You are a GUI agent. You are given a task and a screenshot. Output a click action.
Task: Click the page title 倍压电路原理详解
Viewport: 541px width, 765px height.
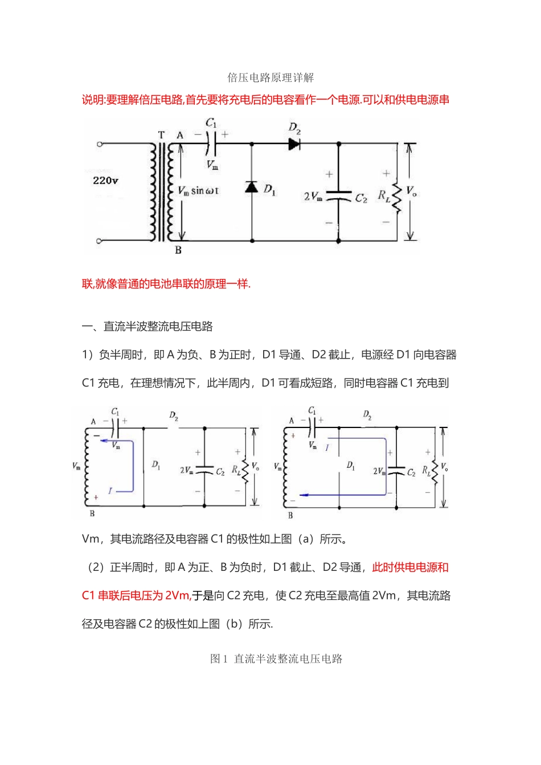270,77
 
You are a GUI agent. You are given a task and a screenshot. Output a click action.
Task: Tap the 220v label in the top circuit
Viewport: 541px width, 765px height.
105,180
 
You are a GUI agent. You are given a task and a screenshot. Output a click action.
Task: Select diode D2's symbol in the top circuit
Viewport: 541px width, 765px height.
294,144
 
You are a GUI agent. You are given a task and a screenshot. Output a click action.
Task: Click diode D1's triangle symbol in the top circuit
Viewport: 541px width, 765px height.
252,187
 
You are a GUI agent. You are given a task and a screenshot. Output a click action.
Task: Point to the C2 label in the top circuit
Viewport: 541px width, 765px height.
361,198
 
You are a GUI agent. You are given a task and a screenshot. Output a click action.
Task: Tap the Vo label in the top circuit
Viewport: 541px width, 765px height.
411,191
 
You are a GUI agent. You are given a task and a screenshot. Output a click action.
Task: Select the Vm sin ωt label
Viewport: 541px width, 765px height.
198,191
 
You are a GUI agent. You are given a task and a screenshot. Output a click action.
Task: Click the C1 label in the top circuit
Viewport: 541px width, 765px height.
211,123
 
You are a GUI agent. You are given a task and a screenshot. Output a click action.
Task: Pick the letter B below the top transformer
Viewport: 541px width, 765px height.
178,250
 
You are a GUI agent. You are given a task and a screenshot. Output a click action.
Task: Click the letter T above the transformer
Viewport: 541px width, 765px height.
161,135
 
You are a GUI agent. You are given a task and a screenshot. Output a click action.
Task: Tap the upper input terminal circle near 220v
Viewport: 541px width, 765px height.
100,145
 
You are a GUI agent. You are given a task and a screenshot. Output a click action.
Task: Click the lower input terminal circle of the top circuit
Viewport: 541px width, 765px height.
100,241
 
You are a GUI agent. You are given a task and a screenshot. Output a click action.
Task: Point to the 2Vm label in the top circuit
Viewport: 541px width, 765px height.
313,196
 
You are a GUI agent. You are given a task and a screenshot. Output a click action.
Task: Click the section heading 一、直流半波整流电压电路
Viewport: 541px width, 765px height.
147,327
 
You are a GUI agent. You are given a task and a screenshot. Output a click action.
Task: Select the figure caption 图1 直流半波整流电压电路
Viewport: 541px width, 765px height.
276,659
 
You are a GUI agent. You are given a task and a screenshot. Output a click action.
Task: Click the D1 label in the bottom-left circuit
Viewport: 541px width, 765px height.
155,465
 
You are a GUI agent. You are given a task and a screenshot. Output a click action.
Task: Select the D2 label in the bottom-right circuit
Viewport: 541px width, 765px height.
367,414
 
